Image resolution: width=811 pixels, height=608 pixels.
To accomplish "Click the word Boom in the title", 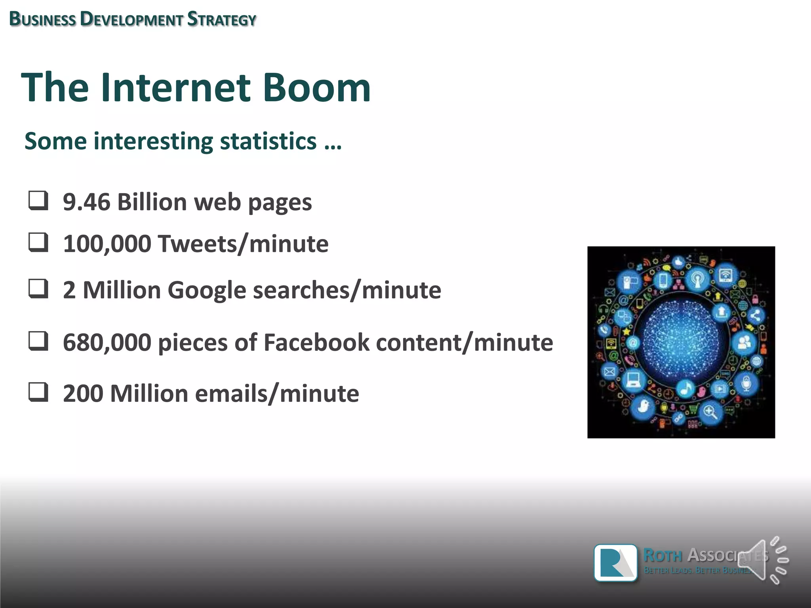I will pyautogui.click(x=316, y=87).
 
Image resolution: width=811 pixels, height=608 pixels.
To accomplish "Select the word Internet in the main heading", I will pyautogui.click(x=175, y=87).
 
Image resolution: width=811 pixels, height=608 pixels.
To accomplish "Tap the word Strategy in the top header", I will pyautogui.click(x=222, y=19).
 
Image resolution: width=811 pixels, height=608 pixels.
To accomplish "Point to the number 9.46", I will pyautogui.click(x=86, y=202).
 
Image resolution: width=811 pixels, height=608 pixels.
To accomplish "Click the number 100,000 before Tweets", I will pyautogui.click(x=107, y=243).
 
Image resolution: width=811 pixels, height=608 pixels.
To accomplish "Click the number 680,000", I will pyautogui.click(x=107, y=342).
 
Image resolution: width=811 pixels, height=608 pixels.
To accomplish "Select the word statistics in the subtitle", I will pyautogui.click(x=268, y=141).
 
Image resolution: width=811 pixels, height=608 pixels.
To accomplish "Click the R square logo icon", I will pyautogui.click(x=615, y=562).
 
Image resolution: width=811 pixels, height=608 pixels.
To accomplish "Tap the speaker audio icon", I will pyautogui.click(x=762, y=560).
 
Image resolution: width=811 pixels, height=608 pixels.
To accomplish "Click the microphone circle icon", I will pyautogui.click(x=746, y=383).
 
